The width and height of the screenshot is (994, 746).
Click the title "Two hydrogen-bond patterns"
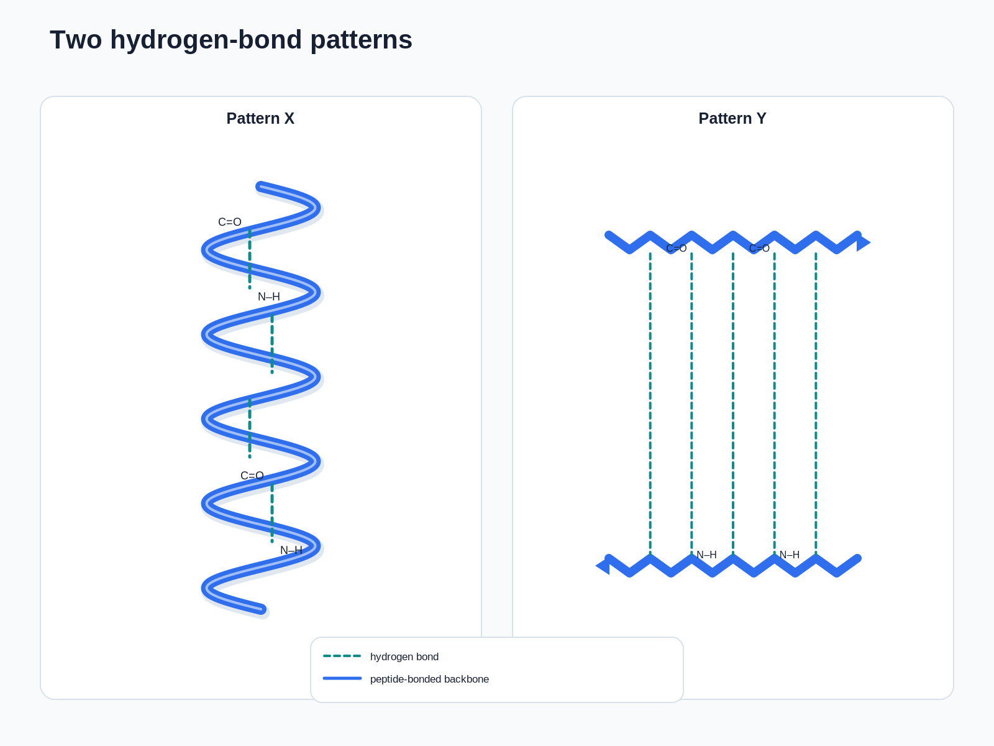coord(231,40)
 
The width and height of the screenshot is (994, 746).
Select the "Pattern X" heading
coord(260,118)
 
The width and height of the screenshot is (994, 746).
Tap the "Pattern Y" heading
coord(732,118)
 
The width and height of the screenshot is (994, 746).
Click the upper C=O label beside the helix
coord(230,222)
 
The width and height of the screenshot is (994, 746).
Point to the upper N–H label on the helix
coord(269,297)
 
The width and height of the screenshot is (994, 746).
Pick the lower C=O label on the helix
coord(252,476)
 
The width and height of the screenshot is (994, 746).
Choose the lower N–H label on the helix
coord(291,550)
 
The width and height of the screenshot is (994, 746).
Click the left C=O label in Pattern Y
coord(677,248)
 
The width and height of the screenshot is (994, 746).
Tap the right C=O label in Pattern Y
coord(759,248)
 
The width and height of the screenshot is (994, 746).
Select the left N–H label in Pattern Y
coord(706,555)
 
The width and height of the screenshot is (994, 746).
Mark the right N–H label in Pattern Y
coord(790,555)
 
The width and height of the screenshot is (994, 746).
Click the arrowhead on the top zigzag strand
coord(863,243)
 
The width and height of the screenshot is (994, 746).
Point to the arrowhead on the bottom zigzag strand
coord(603,566)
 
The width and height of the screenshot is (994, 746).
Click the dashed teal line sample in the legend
coord(342,656)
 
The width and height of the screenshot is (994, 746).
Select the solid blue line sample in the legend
coord(342,678)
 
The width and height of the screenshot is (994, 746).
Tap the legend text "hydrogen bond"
coord(404,656)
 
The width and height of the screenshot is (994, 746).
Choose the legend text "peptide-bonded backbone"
coord(429,679)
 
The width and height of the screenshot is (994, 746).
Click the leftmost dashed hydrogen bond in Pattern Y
coord(650,403)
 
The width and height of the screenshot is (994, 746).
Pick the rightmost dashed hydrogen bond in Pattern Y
coord(816,403)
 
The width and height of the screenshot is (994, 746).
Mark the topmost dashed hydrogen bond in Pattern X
coord(250,259)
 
